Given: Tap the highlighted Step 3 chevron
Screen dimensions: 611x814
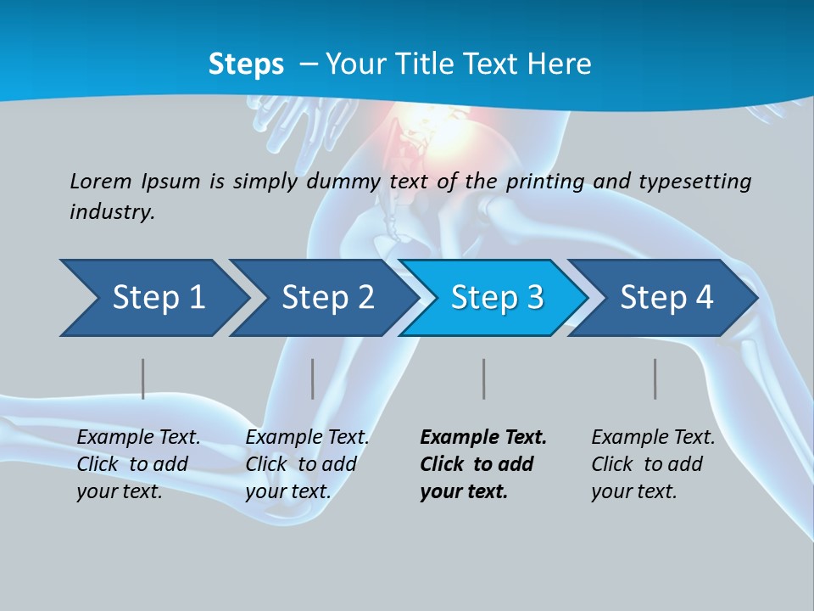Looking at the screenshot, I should coord(494,298).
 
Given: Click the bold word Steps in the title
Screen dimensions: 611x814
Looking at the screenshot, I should coord(246,64).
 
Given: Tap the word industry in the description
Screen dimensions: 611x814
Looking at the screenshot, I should coord(111,211).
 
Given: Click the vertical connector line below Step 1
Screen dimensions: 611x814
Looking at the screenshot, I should coord(143,378).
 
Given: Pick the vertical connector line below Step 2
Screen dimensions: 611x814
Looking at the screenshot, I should coord(313,378).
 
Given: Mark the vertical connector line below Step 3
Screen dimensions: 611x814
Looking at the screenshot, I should coord(483,378).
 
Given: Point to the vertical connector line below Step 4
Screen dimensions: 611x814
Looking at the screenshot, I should coord(655,378).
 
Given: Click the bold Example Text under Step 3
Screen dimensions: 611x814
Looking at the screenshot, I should coord(483,438).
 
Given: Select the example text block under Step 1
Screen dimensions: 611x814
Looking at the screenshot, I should coord(138,464).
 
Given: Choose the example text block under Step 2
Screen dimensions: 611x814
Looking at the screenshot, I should coord(307,464).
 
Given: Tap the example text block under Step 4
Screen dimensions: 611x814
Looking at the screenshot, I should coord(653,464).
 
